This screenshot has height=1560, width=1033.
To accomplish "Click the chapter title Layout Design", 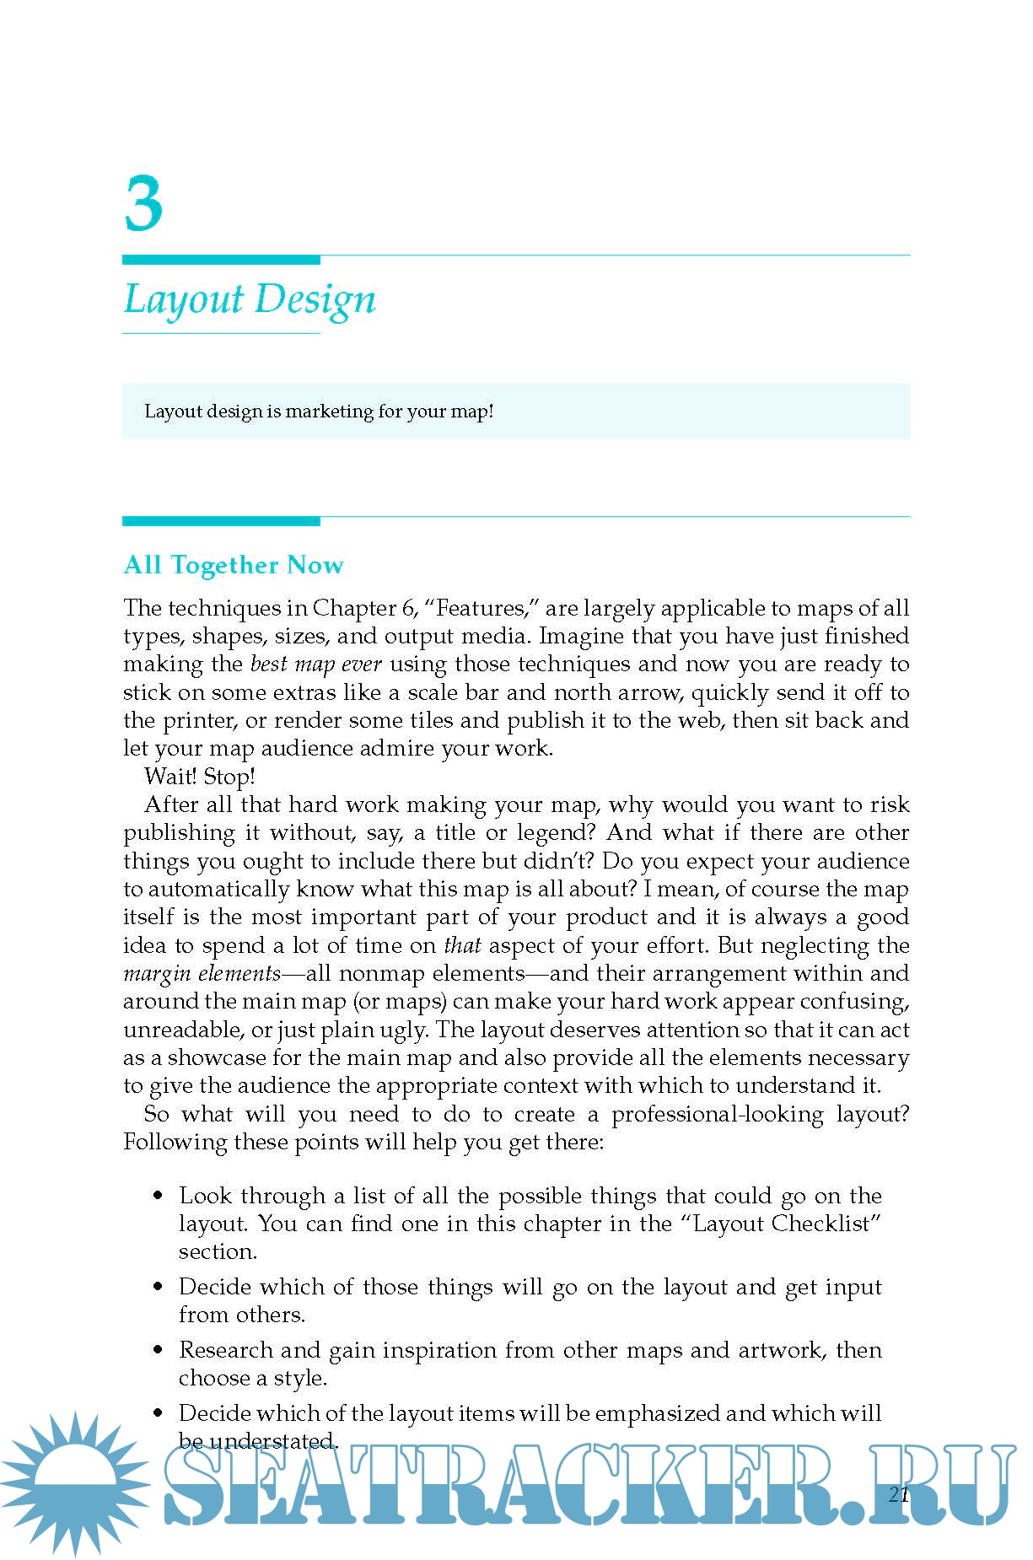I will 250,299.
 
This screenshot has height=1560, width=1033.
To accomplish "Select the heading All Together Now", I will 234,565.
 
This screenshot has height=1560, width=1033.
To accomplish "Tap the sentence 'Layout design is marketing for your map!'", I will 319,412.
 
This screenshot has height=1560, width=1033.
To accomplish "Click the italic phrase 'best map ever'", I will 316,664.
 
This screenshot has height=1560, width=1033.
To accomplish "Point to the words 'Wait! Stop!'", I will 200,777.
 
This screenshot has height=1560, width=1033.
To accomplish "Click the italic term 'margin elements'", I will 202,974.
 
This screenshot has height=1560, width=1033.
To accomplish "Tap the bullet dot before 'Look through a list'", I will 158,1196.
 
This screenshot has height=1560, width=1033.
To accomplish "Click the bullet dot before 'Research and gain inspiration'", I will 158,1350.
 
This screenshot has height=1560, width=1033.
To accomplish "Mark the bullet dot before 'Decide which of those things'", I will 158,1287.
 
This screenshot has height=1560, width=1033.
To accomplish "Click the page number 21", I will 899,1494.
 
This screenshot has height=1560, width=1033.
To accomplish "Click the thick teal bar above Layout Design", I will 221,260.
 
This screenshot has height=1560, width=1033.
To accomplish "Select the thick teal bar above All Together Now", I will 221,521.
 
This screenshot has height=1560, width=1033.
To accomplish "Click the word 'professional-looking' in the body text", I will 717,1115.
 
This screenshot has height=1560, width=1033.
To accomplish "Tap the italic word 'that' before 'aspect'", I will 461,946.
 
